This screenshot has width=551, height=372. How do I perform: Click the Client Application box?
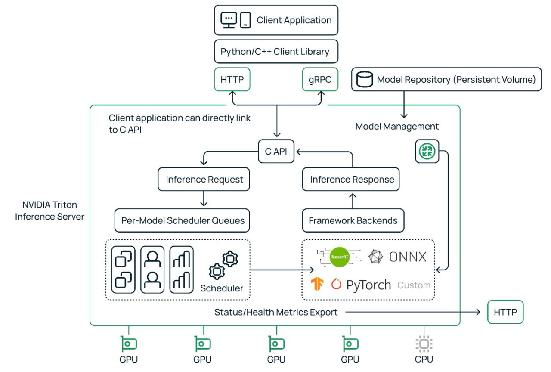click(x=276, y=20)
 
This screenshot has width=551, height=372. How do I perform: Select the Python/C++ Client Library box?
click(x=276, y=52)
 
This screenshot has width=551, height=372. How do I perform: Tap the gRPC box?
click(x=320, y=79)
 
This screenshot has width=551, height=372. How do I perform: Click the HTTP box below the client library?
click(x=232, y=79)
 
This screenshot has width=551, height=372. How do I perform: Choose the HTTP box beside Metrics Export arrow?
click(x=505, y=312)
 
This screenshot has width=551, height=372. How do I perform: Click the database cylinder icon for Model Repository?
click(x=365, y=80)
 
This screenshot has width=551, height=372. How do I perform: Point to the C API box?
click(x=276, y=151)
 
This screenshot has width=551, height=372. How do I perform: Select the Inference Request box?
click(x=204, y=179)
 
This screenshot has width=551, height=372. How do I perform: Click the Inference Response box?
click(x=352, y=179)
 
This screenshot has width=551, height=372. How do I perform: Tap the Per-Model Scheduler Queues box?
click(x=182, y=220)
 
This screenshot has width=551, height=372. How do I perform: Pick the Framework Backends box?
click(x=353, y=220)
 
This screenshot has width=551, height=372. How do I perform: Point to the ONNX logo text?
click(x=407, y=257)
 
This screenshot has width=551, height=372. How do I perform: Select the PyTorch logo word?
click(x=368, y=285)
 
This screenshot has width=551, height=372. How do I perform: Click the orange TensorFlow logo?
click(x=318, y=284)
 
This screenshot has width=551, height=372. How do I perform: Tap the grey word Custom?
click(x=414, y=285)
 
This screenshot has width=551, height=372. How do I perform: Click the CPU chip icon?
click(x=424, y=344)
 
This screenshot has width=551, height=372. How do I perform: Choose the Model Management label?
click(x=397, y=127)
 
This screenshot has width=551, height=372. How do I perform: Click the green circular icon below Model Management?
click(x=427, y=151)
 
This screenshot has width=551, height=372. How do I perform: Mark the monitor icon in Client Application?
click(x=229, y=20)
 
